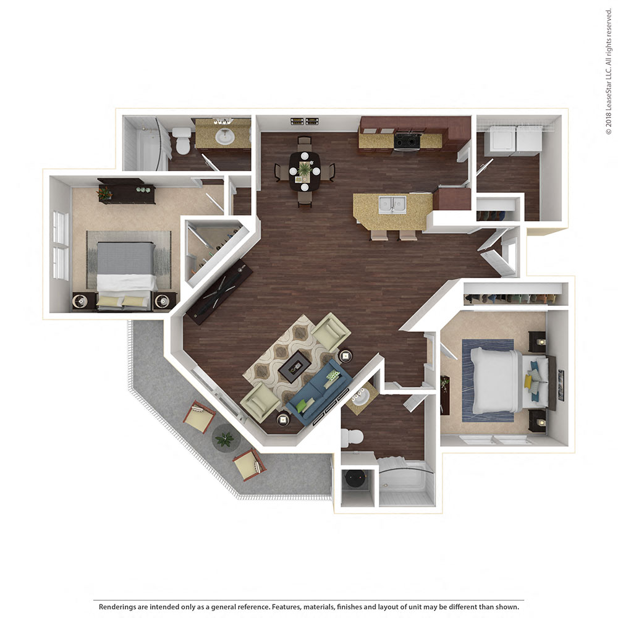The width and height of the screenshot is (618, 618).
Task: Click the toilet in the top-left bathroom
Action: tap(182, 142)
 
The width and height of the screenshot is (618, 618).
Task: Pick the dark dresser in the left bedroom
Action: tap(126, 192)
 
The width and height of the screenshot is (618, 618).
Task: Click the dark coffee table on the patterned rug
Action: tap(294, 367)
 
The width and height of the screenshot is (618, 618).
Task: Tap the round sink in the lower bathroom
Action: tap(358, 396)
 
